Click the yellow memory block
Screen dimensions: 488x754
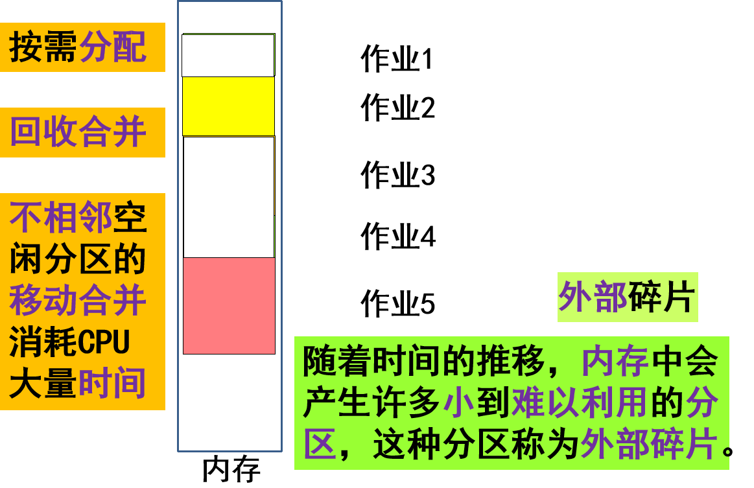(x=228, y=106)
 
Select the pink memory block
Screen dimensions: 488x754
(x=229, y=306)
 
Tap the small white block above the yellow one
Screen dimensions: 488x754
(x=228, y=56)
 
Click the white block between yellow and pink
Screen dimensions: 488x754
(x=229, y=197)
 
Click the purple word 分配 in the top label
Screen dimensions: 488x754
(x=113, y=47)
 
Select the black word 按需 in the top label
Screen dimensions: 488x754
(x=43, y=47)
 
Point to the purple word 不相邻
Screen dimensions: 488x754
(x=61, y=218)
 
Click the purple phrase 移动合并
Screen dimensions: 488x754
(x=78, y=301)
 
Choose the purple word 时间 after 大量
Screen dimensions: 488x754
(x=112, y=384)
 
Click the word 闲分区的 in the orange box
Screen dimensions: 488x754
(x=78, y=260)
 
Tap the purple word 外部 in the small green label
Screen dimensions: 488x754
(x=593, y=297)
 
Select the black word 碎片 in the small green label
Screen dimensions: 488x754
(x=661, y=297)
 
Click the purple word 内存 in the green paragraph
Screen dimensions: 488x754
(x=615, y=362)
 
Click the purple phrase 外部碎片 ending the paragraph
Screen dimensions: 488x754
(x=649, y=445)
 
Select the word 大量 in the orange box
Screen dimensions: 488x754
(x=43, y=384)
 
